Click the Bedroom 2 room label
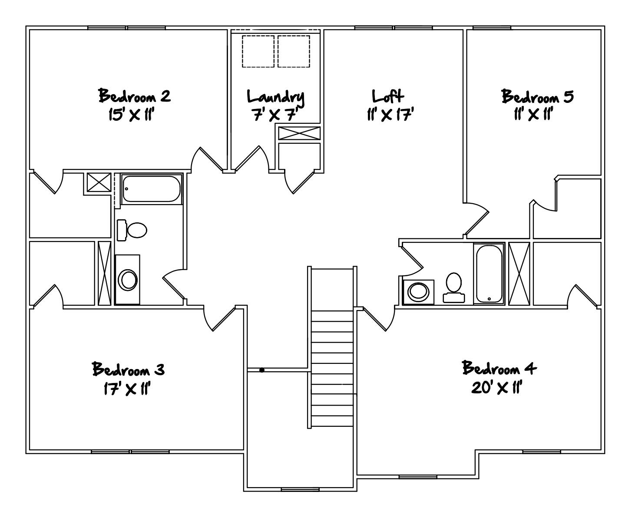pos(134,96)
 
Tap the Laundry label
pos(275,96)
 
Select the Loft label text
pos(388,96)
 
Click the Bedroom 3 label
pos(128,369)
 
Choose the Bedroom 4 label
pos(499,369)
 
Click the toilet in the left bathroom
pos(132,230)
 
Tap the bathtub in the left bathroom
pos(150,189)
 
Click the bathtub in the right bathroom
pos(489,274)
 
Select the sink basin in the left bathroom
pos(129,280)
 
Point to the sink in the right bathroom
pos(418,291)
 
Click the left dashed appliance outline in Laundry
pos(258,51)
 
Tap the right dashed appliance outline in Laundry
pos(294,51)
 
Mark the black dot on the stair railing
pos(262,370)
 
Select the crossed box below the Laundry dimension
pos(299,133)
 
